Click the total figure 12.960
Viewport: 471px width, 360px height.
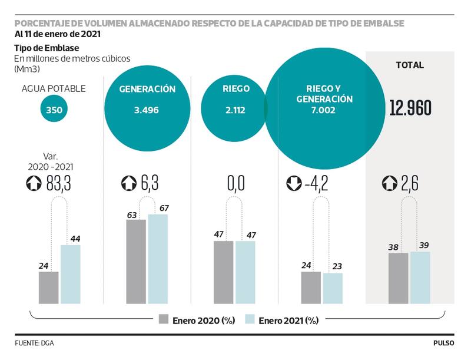pos(410,108)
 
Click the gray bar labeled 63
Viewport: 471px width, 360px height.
pos(136,262)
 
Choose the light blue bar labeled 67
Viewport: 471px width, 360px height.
pos(158,259)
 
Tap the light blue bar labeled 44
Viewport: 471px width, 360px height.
pos(71,275)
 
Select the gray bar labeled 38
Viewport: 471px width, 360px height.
pos(398,278)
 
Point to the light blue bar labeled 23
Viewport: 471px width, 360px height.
pos(333,288)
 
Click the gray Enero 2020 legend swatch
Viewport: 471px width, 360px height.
pos(164,320)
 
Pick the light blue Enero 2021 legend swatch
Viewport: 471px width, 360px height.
pos(249,320)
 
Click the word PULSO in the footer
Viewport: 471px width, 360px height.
pos(445,342)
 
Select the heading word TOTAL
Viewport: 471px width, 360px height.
pos(410,65)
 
